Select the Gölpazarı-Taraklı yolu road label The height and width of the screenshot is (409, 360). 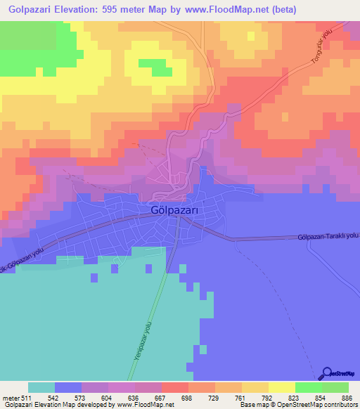[x=328, y=237]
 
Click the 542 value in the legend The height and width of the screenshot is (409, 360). [x=68, y=396]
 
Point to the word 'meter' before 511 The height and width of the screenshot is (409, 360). [x=12, y=396]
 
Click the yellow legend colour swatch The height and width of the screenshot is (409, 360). [x=281, y=387]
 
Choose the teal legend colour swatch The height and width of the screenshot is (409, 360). [x=41, y=387]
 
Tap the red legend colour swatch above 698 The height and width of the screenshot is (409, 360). [x=174, y=387]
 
